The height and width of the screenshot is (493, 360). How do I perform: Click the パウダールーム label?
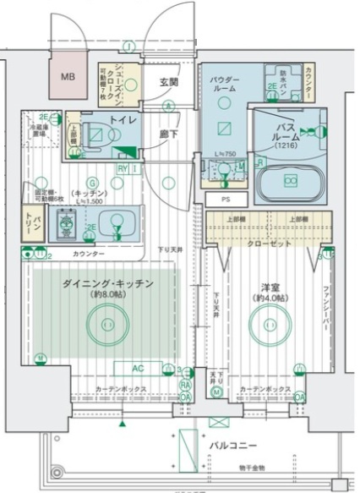pos(224,86)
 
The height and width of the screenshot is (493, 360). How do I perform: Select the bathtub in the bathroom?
pos(289,179)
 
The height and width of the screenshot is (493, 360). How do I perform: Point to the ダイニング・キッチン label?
pos(106,284)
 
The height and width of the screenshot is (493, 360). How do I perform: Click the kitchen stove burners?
pos(67,224)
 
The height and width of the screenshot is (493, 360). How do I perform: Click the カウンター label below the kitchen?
pos(88,254)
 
